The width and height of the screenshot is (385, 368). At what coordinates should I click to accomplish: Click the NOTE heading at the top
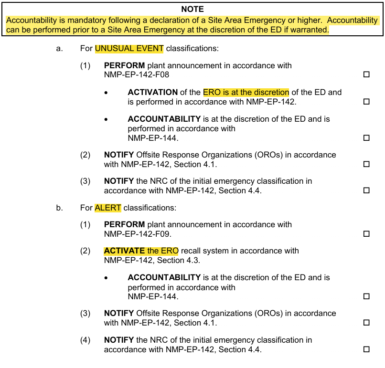(x=192, y=9)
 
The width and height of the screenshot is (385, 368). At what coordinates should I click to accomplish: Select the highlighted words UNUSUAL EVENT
(x=129, y=49)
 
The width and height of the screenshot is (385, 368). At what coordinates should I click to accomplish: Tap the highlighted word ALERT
(x=108, y=208)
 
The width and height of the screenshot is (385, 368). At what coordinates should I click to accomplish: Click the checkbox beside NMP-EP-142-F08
(x=366, y=75)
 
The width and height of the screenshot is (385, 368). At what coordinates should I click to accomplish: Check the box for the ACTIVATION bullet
(x=366, y=102)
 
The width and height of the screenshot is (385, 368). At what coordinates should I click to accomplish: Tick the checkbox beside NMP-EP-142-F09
(x=366, y=234)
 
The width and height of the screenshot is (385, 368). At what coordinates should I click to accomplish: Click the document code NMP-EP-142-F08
(x=136, y=75)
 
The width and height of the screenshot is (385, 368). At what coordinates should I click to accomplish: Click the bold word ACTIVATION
(x=152, y=93)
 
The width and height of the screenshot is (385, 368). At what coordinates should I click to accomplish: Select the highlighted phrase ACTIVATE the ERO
(x=141, y=251)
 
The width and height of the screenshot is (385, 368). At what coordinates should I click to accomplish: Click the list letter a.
(x=59, y=49)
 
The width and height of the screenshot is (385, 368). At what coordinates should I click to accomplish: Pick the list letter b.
(x=59, y=208)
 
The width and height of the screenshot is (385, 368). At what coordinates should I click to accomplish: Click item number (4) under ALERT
(x=85, y=340)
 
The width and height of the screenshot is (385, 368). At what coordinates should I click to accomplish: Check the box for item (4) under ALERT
(x=366, y=349)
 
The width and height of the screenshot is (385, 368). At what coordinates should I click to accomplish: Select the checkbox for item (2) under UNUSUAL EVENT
(x=366, y=164)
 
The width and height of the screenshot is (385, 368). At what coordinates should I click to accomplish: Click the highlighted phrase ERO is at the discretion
(x=246, y=93)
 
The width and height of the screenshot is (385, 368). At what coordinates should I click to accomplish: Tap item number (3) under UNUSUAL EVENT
(x=85, y=181)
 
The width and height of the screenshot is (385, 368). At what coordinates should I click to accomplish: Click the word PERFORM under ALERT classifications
(x=124, y=225)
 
